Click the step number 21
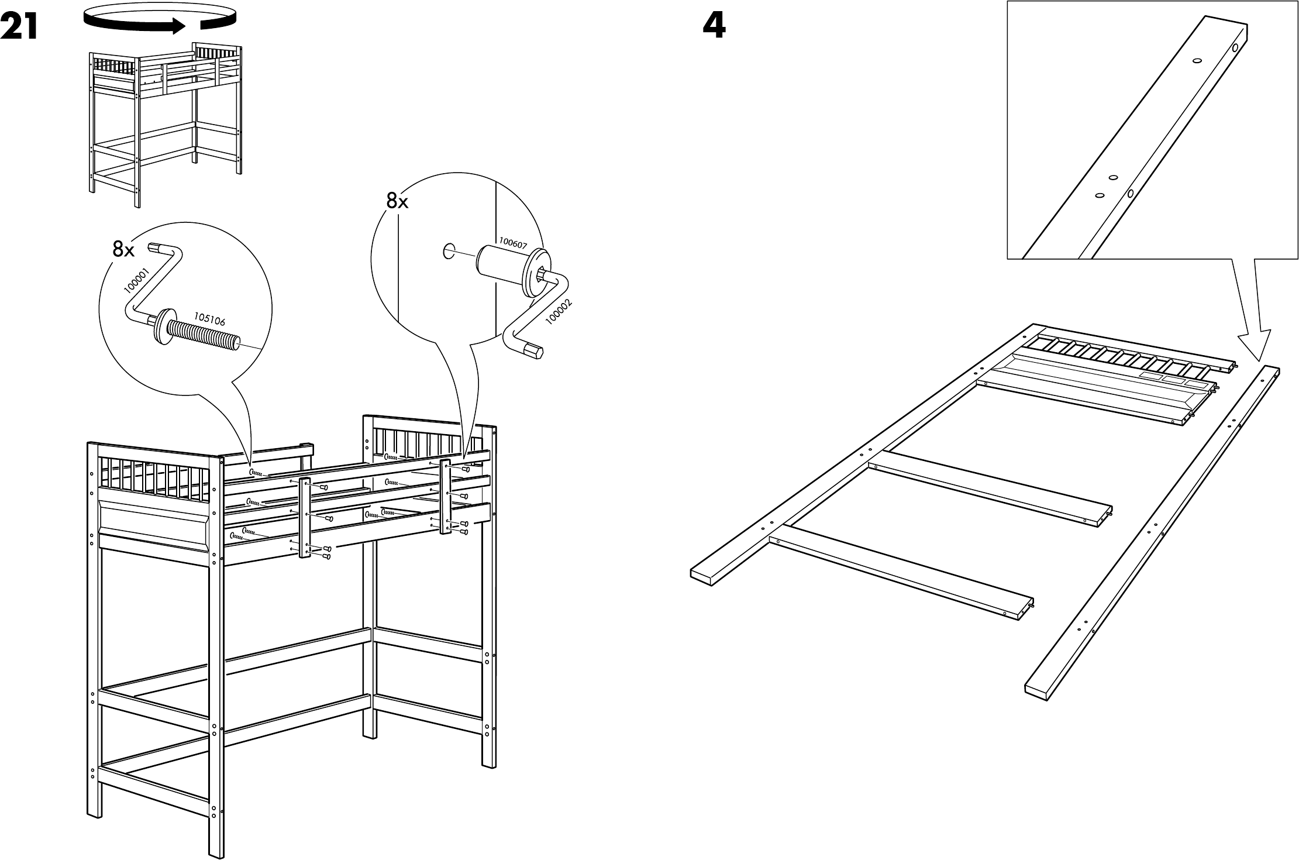coord(19,27)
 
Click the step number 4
coord(714,27)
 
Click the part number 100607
coord(513,244)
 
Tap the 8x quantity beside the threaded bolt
coord(123,250)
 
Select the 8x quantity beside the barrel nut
coord(397,201)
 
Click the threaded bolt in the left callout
coord(202,333)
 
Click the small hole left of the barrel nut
coord(448,252)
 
